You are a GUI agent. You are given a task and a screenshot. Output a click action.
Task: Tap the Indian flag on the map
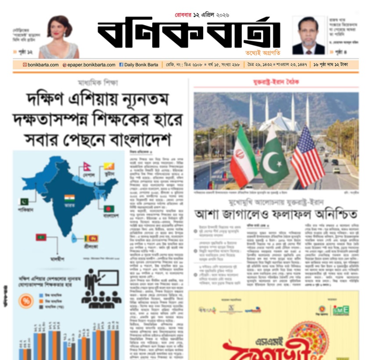click(x=69, y=198)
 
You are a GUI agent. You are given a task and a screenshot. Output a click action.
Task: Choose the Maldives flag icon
click(x=41, y=237)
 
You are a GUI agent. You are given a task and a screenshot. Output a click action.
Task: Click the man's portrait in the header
click(x=308, y=36)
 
